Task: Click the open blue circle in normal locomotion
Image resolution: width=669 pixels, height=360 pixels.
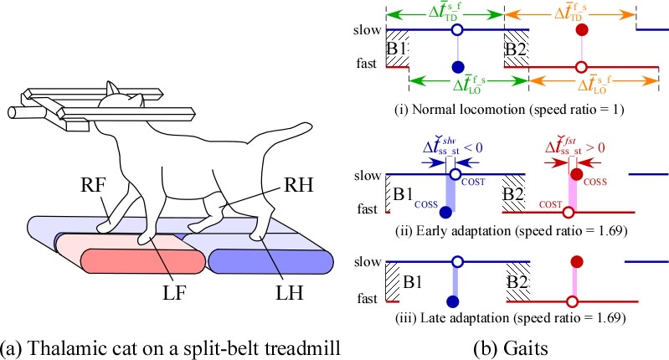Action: pos(456,29)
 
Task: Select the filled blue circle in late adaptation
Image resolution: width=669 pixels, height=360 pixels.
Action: pos(453,301)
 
